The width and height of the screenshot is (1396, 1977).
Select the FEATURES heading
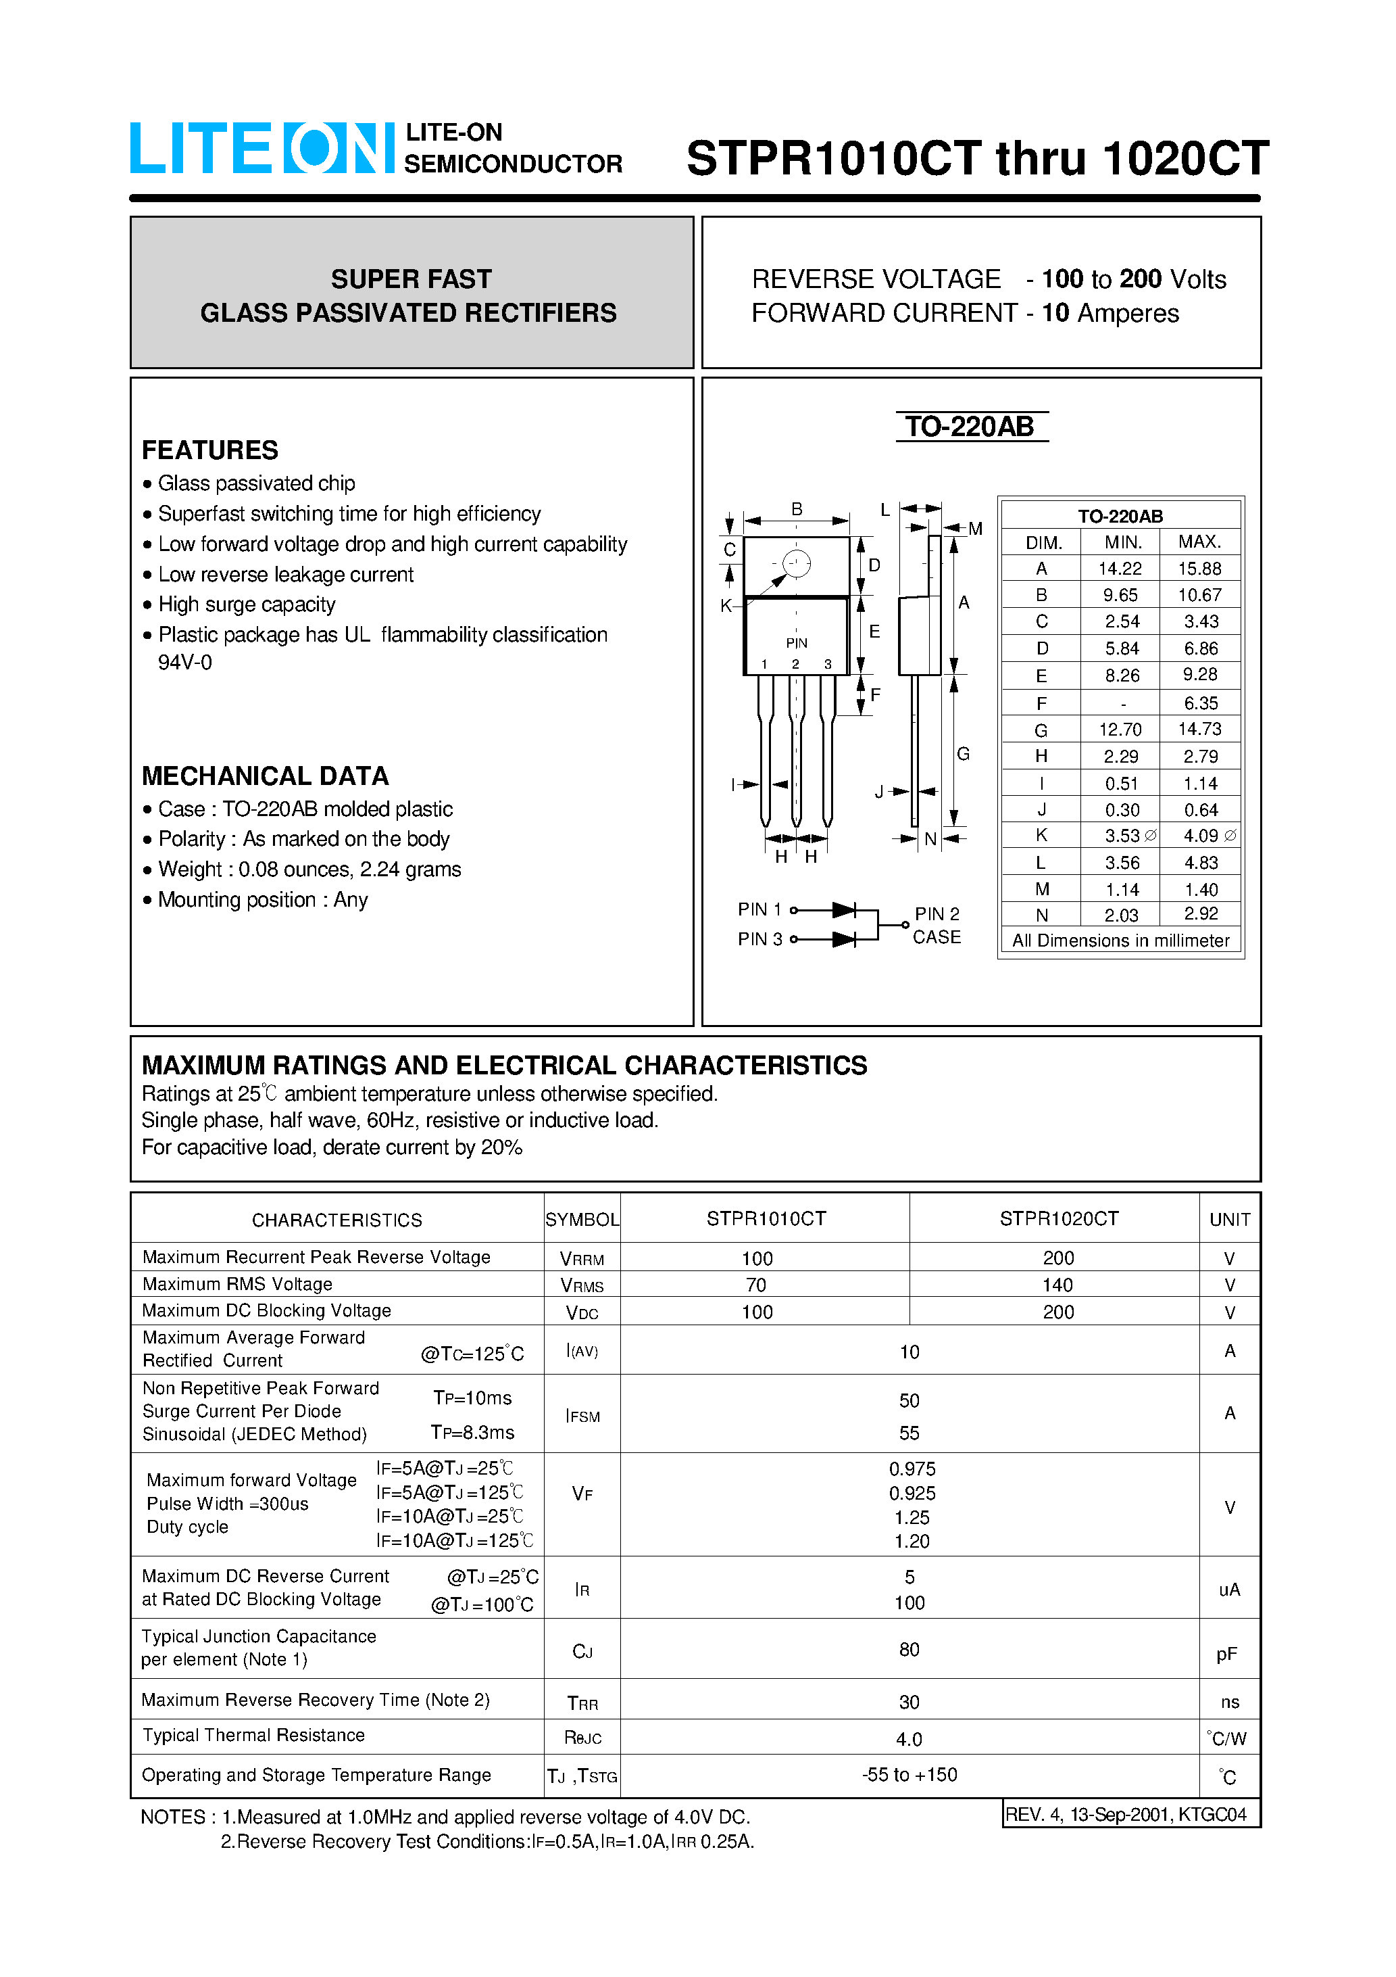[210, 450]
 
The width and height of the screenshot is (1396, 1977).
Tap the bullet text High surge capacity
[247, 604]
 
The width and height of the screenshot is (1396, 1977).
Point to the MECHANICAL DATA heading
[265, 776]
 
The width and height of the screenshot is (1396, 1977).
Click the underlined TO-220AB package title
[970, 427]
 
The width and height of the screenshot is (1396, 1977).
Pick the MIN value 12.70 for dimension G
[1120, 730]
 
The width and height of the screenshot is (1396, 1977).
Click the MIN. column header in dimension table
[1122, 542]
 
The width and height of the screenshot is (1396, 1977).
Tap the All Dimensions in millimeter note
[1120, 941]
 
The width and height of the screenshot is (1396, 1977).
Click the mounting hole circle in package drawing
[796, 564]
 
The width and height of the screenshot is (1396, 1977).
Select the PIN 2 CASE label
[937, 926]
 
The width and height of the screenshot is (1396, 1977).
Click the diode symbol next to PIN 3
[843, 939]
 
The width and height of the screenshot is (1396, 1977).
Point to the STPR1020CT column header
[1059, 1219]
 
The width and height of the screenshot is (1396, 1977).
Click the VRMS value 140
[1057, 1285]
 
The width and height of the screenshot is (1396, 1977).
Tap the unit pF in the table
[1226, 1654]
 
